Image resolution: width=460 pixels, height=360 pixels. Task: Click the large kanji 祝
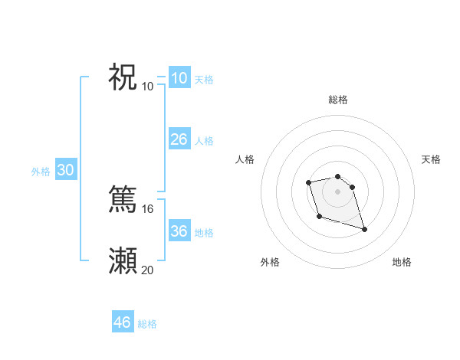point(123,77)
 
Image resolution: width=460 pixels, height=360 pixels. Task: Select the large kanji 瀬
point(123,260)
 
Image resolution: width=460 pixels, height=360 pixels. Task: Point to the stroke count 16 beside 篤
point(148,208)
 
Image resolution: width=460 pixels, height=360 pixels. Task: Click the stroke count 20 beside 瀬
point(148,270)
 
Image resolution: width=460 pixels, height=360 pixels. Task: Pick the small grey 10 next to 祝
point(148,86)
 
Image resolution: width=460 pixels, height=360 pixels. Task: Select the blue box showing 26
point(179,139)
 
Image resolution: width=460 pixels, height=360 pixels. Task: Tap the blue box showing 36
point(179,231)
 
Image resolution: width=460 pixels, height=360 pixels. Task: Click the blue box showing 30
point(65,171)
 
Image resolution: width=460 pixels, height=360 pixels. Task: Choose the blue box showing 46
point(122,322)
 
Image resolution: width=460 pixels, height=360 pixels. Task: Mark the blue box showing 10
point(179,78)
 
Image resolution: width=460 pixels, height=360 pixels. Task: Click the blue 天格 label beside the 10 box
point(204,80)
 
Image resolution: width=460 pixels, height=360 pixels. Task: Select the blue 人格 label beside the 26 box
point(204,141)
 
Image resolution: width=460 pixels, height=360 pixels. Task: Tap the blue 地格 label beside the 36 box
point(204,233)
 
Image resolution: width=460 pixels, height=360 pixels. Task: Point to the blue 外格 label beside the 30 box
point(41,172)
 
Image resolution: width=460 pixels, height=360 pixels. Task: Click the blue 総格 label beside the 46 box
point(147,324)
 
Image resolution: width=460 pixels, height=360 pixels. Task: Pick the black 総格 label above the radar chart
point(337,100)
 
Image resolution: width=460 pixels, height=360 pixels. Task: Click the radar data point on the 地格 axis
point(364,230)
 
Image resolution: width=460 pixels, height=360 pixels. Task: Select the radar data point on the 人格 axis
point(308,182)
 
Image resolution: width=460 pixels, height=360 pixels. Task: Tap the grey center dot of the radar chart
point(337,191)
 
